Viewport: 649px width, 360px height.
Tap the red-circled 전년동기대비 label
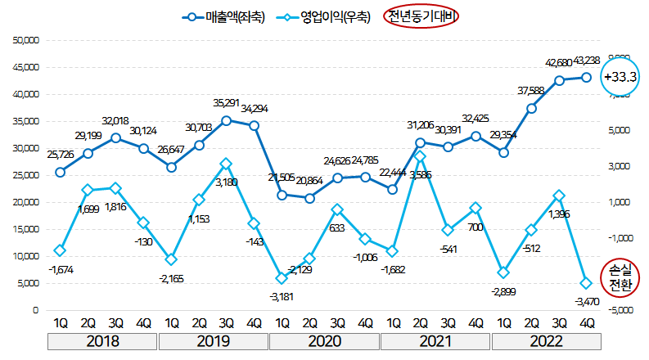(422, 16)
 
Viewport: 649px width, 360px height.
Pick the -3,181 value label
(282, 295)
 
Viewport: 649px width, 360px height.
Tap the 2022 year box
(545, 341)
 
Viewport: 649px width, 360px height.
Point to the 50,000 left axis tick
(27, 40)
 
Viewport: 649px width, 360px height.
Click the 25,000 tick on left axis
(27, 175)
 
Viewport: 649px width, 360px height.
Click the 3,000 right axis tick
(620, 166)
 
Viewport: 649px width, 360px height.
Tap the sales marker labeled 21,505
(282, 195)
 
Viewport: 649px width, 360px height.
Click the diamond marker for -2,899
(504, 272)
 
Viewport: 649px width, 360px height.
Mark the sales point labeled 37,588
(531, 108)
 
